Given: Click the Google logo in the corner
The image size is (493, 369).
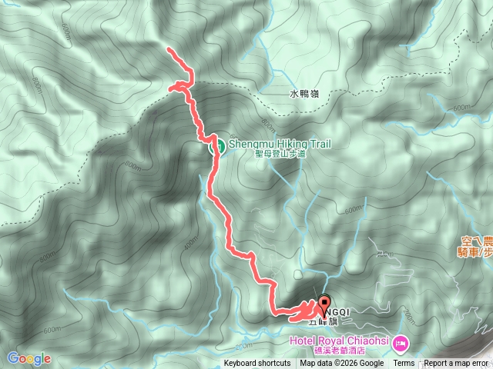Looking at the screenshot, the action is tap(29, 358).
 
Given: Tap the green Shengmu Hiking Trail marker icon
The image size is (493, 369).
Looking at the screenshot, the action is tap(218, 144).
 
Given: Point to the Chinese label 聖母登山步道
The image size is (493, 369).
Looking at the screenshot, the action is tap(280, 153).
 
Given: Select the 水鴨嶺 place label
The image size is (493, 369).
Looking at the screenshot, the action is tap(304, 95).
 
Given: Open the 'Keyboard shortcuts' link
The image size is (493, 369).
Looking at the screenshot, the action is tap(257, 364).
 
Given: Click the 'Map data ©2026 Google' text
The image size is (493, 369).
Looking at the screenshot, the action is tap(342, 364).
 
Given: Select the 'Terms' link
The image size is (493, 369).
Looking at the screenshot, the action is tap(404, 364).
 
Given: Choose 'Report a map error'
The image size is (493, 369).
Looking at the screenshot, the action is tap(456, 364).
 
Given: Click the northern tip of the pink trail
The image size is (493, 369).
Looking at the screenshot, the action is tap(169, 50).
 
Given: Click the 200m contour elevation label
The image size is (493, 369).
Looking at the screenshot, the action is tap(386, 254).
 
